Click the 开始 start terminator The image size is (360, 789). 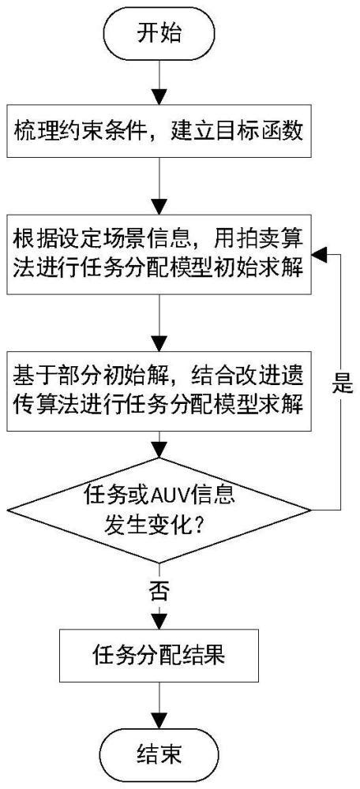[x=159, y=32]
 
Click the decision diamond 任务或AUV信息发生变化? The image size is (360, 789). [x=159, y=508]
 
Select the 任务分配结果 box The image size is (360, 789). [x=159, y=653]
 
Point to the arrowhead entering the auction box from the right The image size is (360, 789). [x=317, y=252]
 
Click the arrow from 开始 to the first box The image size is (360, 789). [x=159, y=80]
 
